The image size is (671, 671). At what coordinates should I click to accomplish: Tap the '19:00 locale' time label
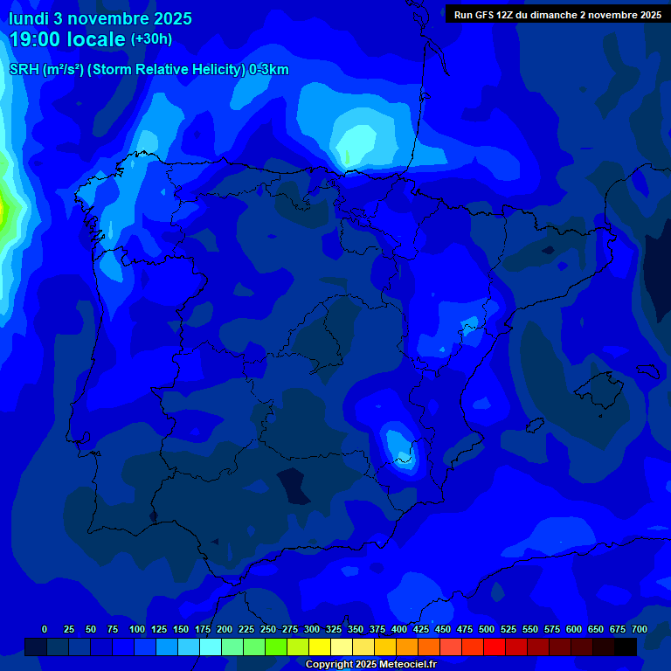pos(67,39)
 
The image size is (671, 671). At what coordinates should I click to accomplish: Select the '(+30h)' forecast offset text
pos(151,39)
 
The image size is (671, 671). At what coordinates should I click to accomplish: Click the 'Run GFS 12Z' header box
pos(557,14)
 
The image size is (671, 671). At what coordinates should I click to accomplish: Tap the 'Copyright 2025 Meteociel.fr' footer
pos(370,665)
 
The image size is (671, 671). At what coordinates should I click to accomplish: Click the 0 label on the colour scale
pos(45,629)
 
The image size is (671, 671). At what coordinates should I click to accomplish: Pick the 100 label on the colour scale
pos(137,629)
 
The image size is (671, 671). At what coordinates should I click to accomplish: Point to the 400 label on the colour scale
pos(399,629)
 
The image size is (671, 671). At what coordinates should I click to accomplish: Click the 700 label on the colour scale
pos(640,629)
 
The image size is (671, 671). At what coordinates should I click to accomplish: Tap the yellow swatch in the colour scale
pos(320,647)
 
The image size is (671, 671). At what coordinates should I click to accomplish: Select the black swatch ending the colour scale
pos(626,647)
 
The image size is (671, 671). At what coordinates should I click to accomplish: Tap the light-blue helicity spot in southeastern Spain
pos(400,445)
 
